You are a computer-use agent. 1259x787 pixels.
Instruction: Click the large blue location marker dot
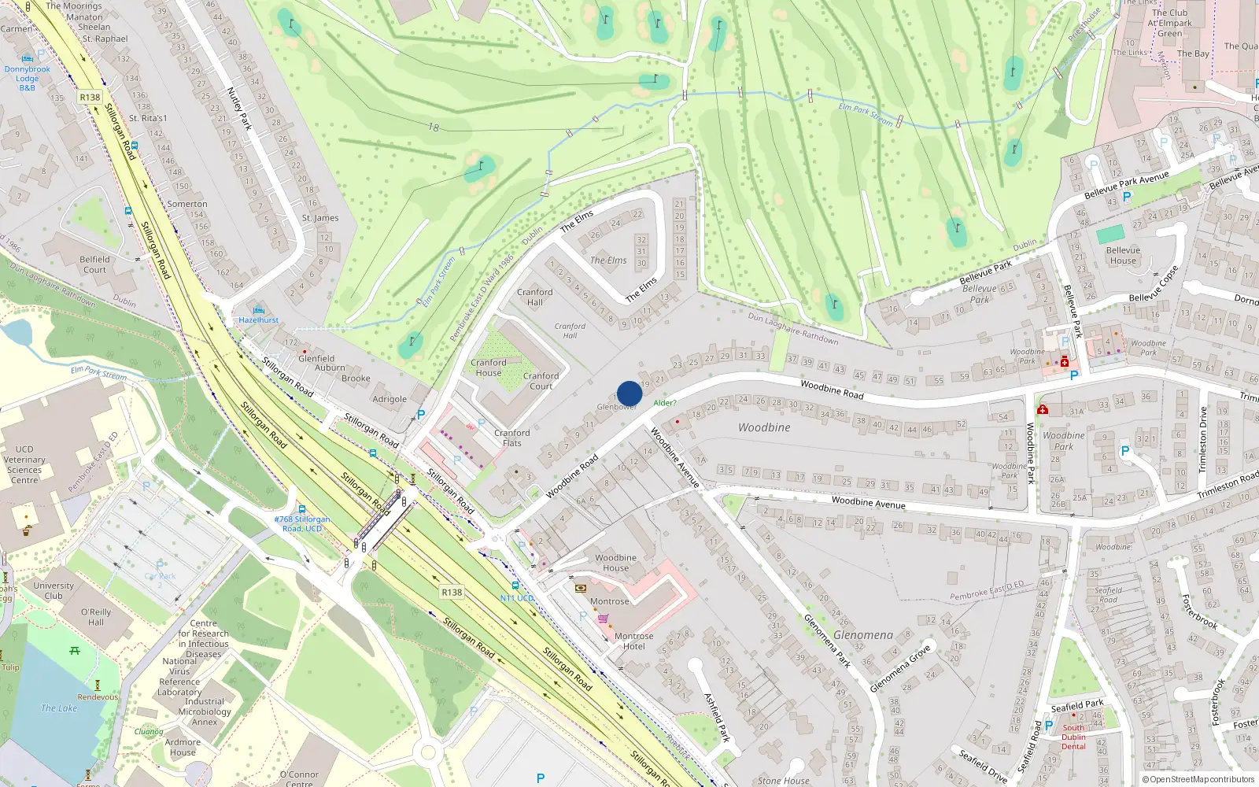point(629,393)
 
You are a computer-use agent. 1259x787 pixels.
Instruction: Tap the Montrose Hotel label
point(633,641)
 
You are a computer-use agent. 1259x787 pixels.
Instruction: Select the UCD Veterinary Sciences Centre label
point(24,464)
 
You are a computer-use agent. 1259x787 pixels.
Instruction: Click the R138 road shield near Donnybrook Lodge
point(90,98)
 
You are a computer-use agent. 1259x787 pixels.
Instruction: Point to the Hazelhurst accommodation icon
point(259,309)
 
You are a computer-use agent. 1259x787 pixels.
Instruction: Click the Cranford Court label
point(541,381)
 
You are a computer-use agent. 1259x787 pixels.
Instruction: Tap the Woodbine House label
point(615,563)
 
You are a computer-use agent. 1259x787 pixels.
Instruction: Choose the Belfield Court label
point(94,264)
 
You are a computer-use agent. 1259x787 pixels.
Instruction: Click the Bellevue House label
point(1123,256)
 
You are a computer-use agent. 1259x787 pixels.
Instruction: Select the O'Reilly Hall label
point(96,617)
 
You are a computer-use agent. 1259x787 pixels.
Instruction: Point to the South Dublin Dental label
point(1073,737)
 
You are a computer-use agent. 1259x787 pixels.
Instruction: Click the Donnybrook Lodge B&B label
point(27,78)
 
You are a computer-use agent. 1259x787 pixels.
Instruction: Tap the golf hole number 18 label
point(434,127)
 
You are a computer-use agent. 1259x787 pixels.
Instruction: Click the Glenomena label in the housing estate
point(863,634)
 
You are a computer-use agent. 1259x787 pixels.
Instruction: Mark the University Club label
point(54,590)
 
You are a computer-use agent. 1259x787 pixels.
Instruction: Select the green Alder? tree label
point(664,403)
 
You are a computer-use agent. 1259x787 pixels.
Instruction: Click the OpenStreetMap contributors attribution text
point(1198,779)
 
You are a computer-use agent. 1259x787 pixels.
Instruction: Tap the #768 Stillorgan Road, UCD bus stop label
point(302,523)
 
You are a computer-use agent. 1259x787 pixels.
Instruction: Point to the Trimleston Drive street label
point(1202,439)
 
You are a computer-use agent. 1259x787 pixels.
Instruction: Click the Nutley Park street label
point(239,109)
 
